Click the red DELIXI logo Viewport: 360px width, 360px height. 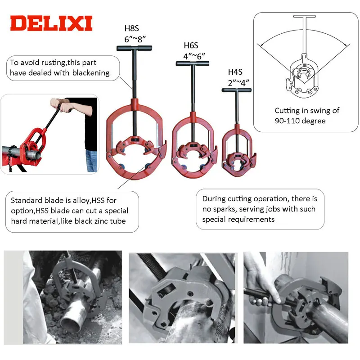(x=51, y=23)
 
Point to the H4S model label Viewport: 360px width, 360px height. (x=236, y=72)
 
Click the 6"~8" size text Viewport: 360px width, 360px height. (x=134, y=39)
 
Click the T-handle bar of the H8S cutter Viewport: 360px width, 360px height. (x=134, y=48)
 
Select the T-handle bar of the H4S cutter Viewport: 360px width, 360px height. (x=237, y=90)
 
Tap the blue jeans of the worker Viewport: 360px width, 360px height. (x=91, y=161)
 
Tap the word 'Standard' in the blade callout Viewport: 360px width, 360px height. (x=26, y=201)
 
